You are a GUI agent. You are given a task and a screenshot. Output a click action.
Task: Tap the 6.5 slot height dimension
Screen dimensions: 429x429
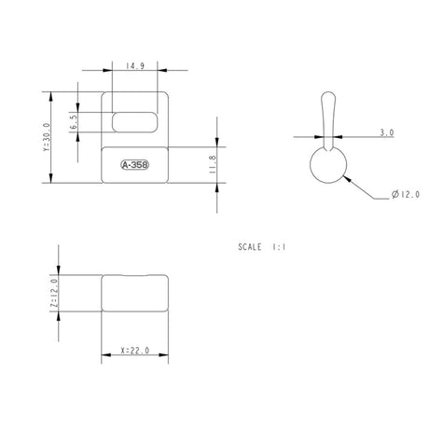tap(73, 121)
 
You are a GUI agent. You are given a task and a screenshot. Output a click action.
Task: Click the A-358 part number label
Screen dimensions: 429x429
tap(134, 165)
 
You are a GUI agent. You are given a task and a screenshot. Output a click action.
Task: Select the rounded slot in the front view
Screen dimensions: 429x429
tap(134, 122)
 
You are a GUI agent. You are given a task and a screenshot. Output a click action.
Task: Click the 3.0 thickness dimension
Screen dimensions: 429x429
tap(386, 133)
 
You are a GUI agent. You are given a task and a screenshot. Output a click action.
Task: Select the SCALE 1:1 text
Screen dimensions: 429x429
tap(262, 249)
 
